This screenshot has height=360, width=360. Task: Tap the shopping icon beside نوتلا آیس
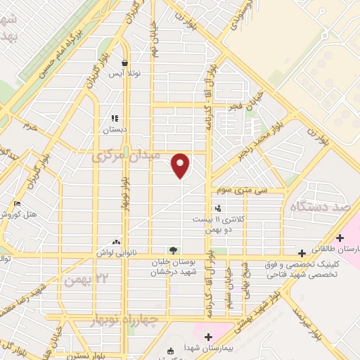pyautogui.click(x=124, y=62)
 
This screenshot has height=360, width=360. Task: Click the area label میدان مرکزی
pyautogui.click(x=127, y=155)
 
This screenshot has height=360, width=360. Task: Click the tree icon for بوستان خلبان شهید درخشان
pyautogui.click(x=173, y=250)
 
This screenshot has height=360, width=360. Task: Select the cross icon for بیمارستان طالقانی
pyautogui.click(x=341, y=238)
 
